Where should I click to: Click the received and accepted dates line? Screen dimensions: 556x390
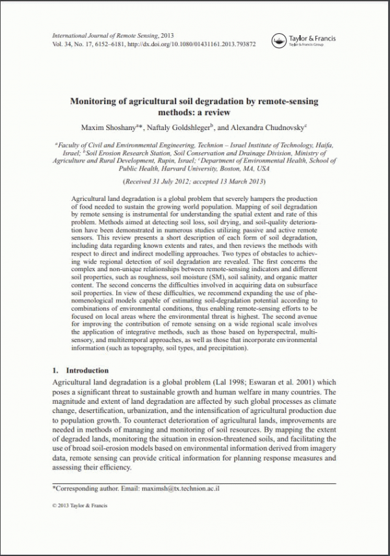[194, 180]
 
